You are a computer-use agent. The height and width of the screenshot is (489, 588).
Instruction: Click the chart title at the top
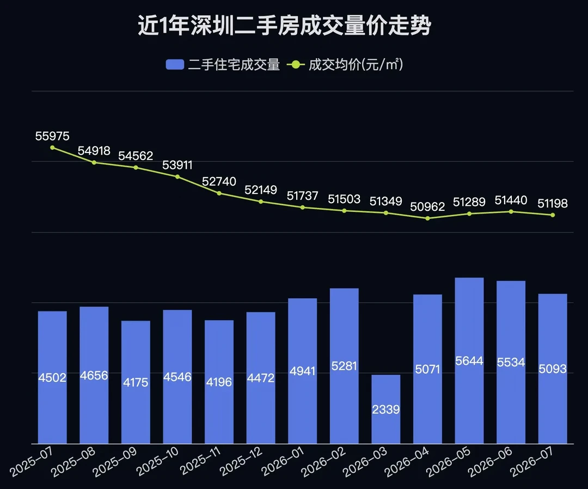coord(284,26)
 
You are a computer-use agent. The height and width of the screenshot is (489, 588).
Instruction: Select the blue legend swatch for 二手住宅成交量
coord(175,64)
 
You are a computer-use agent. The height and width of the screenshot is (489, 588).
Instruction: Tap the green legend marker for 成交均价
coord(296,64)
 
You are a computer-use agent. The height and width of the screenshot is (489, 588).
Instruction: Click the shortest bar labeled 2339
coord(386,409)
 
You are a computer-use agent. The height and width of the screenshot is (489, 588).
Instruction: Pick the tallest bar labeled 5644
coord(469,360)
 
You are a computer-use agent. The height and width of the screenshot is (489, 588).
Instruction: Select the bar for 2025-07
coord(52,377)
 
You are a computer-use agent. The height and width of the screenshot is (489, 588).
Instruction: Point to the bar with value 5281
coord(344,366)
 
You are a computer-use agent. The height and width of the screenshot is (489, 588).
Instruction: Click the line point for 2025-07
coord(52,148)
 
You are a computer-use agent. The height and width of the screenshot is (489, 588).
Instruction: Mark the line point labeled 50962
coord(427,218)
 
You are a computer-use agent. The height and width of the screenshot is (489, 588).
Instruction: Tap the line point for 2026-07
coord(553,215)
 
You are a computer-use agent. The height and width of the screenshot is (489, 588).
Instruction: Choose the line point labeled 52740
coord(219,193)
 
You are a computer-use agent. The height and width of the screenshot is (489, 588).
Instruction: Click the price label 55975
coord(52,136)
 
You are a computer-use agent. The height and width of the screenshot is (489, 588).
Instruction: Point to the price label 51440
coord(511,200)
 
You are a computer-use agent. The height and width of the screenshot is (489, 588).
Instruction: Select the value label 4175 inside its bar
coord(136,382)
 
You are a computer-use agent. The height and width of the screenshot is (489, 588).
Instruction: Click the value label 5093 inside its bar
coord(553,369)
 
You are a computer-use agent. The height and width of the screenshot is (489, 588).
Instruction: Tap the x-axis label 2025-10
coord(157,462)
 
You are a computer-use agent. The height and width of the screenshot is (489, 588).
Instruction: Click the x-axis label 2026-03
coord(365,462)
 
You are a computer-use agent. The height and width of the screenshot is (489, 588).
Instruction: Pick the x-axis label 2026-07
coord(532,462)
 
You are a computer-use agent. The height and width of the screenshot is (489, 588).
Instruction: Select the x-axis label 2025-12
coord(241,462)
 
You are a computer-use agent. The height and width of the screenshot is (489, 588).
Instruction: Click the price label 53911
coord(177,165)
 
